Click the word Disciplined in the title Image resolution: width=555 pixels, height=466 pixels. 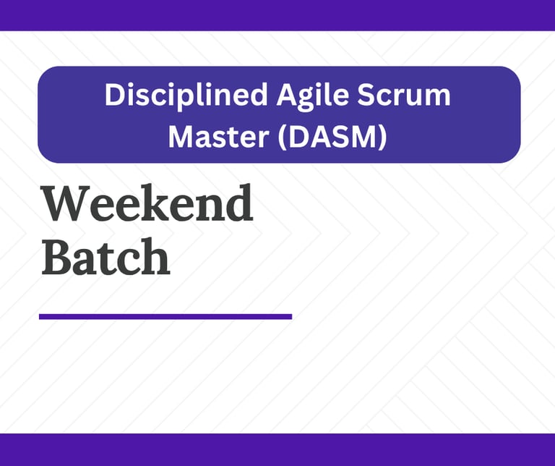186,95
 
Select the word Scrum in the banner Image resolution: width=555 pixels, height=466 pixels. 403,95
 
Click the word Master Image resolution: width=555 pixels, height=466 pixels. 218,137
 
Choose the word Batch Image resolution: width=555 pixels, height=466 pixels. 106,257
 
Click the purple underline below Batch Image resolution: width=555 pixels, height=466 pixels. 165,316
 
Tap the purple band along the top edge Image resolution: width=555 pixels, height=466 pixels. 277,15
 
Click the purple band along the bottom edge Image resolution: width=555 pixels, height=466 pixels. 277,449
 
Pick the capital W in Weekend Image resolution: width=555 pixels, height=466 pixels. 66,204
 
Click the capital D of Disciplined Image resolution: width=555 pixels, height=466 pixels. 115,95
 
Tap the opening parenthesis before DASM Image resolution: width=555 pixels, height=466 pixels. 282,137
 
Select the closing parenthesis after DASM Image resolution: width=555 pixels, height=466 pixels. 382,137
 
